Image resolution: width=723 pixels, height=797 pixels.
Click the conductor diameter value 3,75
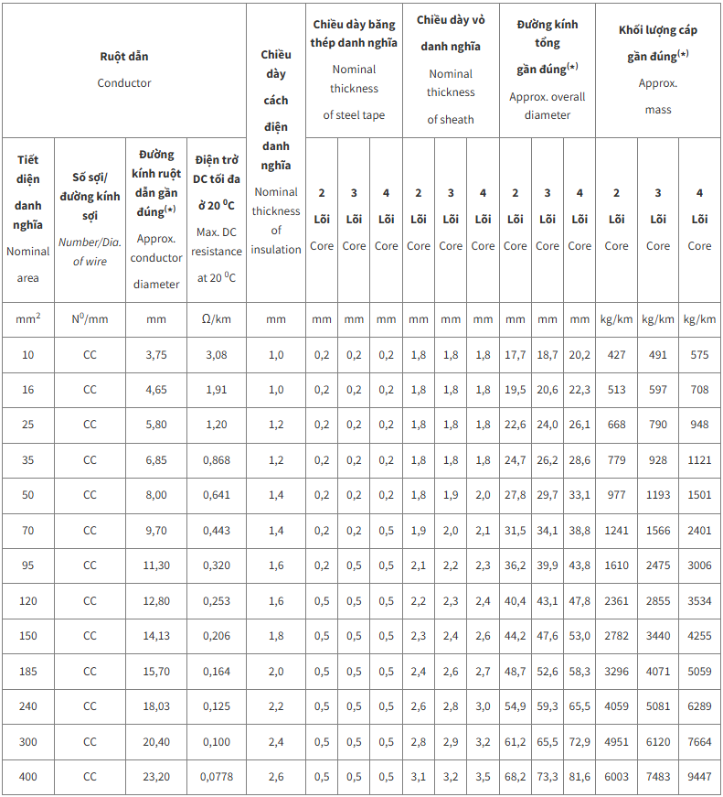click(x=156, y=355)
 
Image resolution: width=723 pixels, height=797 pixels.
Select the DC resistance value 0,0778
click(x=217, y=777)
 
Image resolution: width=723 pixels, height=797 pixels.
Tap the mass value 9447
click(x=699, y=777)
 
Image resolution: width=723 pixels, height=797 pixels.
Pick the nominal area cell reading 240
click(x=28, y=706)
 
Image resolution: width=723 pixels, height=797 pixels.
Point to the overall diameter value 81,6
click(x=579, y=777)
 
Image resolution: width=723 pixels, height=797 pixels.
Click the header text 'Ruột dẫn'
click(x=124, y=57)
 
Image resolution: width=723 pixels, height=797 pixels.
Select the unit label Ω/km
click(x=217, y=319)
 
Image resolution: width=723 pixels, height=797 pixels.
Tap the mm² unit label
click(x=28, y=319)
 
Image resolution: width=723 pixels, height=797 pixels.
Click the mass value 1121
click(x=699, y=460)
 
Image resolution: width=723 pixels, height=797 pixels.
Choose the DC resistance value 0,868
click(x=217, y=460)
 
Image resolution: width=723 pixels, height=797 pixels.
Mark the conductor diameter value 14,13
click(x=156, y=636)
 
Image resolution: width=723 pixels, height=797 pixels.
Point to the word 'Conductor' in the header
click(x=124, y=83)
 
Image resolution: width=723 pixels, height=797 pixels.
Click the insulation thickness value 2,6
click(x=276, y=777)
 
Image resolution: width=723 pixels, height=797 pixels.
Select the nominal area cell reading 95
click(x=28, y=565)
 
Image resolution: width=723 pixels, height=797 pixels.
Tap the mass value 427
click(x=617, y=355)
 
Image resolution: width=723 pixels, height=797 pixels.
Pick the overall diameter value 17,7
click(x=516, y=355)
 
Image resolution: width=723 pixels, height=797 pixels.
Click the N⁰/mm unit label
click(x=90, y=319)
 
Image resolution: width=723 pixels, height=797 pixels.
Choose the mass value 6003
click(x=617, y=777)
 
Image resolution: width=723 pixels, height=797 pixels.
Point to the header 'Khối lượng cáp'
click(x=658, y=30)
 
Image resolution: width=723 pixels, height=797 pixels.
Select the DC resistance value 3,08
click(x=217, y=355)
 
